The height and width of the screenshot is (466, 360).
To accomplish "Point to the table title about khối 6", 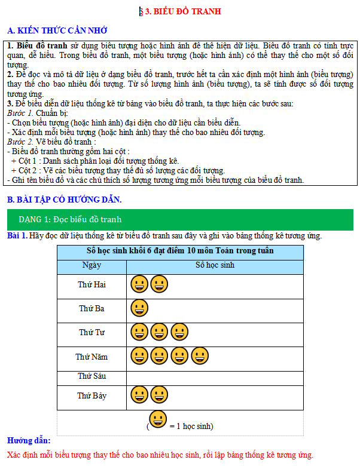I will tap(179, 250).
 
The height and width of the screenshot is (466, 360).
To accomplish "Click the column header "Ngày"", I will tap(91, 265).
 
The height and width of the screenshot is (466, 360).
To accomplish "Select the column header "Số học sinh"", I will tap(215, 265).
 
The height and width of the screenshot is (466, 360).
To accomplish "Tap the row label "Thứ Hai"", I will tap(91, 284).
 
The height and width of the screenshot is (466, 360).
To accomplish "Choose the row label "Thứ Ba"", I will tap(91, 308).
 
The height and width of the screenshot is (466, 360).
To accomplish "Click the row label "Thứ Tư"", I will tap(91, 332).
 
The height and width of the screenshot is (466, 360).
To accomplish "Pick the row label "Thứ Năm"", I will tap(91, 357).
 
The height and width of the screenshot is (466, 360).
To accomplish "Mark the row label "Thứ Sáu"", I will tap(91, 376).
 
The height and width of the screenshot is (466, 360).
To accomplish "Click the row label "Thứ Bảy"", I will tap(91, 396).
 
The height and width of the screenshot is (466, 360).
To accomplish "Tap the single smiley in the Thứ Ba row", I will tap(139, 308).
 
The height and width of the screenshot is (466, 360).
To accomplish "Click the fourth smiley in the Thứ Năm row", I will tap(200, 357).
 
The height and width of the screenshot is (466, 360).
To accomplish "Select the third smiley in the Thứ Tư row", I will tap(179, 332).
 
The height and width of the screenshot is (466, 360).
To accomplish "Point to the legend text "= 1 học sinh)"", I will tap(191, 426).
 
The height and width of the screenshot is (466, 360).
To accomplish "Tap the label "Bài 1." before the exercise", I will tap(17, 235).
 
